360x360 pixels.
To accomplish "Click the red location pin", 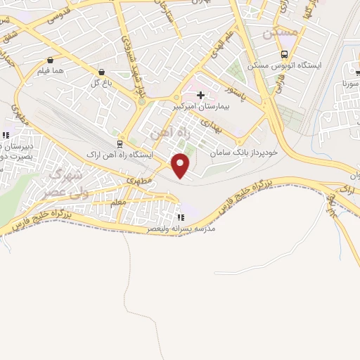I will coord(181,165).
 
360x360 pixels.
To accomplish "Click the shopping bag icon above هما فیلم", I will coord(51,60).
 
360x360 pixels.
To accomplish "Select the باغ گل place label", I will coord(102,82).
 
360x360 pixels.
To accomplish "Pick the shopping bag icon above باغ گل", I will coord(103,71).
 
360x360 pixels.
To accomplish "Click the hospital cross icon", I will coord(200,95).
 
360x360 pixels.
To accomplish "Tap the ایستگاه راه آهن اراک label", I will coord(118,153).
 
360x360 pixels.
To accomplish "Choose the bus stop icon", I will coord(284,54).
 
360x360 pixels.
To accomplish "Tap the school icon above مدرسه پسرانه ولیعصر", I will coord(181,217).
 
